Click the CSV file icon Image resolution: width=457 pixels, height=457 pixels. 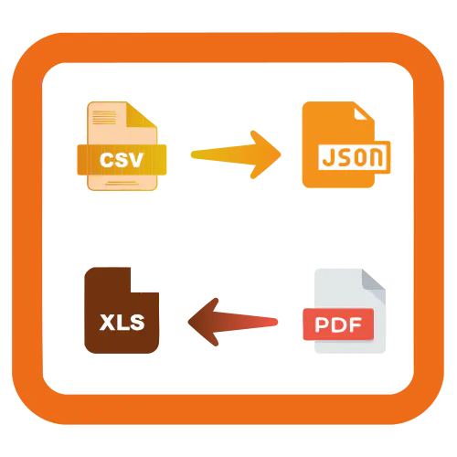click(122, 146)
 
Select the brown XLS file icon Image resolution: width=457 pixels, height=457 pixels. click(122, 310)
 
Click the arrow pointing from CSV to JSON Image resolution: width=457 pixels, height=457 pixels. click(236, 154)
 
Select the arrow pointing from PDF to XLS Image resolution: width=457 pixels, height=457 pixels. click(233, 322)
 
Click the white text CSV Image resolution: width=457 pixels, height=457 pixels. click(122, 160)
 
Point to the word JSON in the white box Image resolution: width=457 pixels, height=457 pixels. click(352, 157)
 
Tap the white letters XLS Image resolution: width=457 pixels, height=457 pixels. click(122, 322)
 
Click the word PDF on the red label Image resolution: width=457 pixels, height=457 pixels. click(338, 324)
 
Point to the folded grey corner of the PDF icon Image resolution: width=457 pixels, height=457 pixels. click(374, 282)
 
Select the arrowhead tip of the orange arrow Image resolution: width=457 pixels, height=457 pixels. click(281, 154)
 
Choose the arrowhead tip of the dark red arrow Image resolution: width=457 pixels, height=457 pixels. click(188, 322)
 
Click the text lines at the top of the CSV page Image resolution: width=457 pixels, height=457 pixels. click(104, 117)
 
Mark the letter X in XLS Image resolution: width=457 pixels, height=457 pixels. click(107, 323)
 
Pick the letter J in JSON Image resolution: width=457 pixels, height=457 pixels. click(328, 157)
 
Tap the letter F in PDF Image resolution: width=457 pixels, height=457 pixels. click(356, 324)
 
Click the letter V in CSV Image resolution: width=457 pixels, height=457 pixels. click(135, 160)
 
